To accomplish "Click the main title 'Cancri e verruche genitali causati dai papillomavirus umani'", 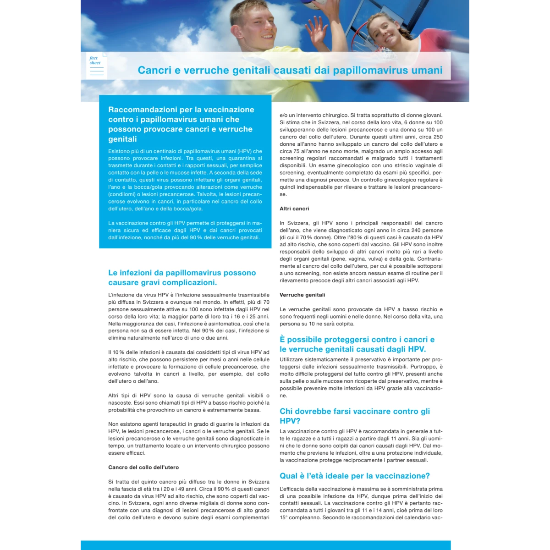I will point(290,70).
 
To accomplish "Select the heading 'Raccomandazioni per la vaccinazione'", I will point(181,110).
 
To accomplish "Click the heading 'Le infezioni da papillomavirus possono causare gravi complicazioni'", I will point(182,277).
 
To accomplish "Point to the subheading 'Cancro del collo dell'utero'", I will point(143,467).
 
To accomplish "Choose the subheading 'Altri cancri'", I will point(294,209).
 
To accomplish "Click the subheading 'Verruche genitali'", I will point(302,295).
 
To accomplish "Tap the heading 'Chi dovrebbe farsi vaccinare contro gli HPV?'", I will point(355,416).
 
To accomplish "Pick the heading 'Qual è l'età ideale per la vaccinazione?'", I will point(355,476).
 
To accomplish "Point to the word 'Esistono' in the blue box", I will point(119,151).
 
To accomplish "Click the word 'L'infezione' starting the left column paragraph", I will point(123,295).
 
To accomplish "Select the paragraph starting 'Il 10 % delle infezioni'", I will point(189,367).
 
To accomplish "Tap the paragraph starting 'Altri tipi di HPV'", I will point(189,403).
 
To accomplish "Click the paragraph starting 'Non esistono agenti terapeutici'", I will point(189,439).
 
